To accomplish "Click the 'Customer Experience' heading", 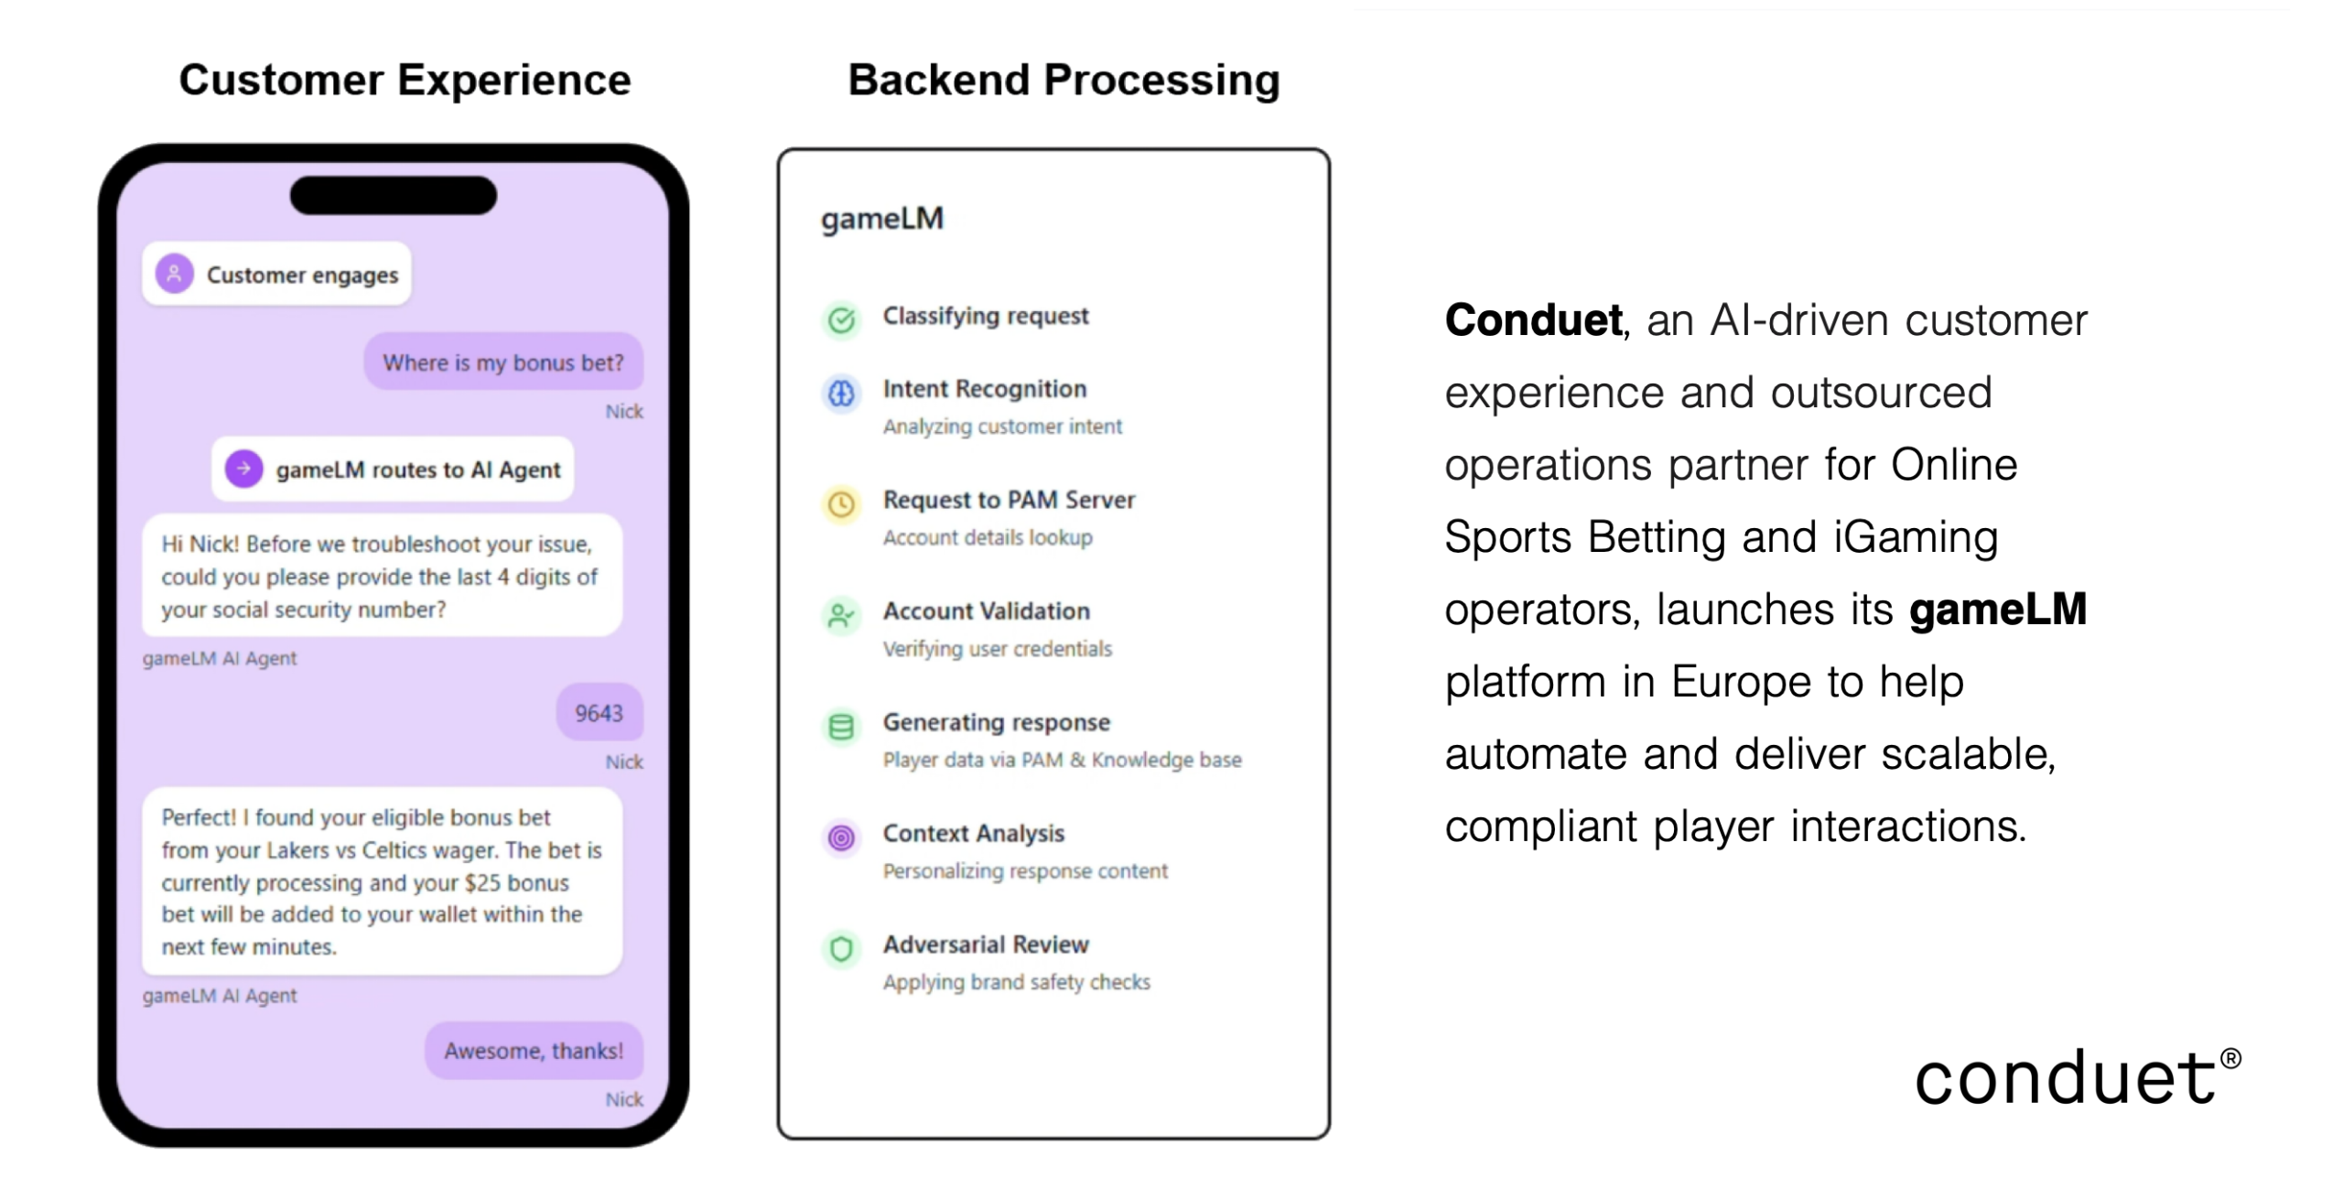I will point(405,80).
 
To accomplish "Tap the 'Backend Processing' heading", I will point(1063,80).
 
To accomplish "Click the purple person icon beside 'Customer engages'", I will point(174,274).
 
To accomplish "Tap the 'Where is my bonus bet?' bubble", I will point(502,362).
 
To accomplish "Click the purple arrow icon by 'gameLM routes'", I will point(243,469).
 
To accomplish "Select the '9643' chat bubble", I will point(599,712).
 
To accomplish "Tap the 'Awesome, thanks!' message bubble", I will point(534,1050).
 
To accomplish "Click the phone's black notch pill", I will point(394,195).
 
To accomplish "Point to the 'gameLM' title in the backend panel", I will point(881,219).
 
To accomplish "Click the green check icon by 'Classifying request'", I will point(841,319).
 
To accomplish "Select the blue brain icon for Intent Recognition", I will point(841,394).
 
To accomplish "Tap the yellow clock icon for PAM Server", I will point(841,504).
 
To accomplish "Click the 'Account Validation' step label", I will point(986,610).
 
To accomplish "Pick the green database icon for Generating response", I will point(841,727).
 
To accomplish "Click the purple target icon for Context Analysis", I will point(841,837).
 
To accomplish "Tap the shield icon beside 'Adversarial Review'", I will point(841,948).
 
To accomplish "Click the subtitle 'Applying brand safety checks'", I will point(1016,982).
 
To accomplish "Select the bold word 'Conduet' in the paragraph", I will point(1533,320).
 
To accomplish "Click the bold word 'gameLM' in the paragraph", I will point(1997,610).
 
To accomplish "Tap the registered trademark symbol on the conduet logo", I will point(2230,1059).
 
